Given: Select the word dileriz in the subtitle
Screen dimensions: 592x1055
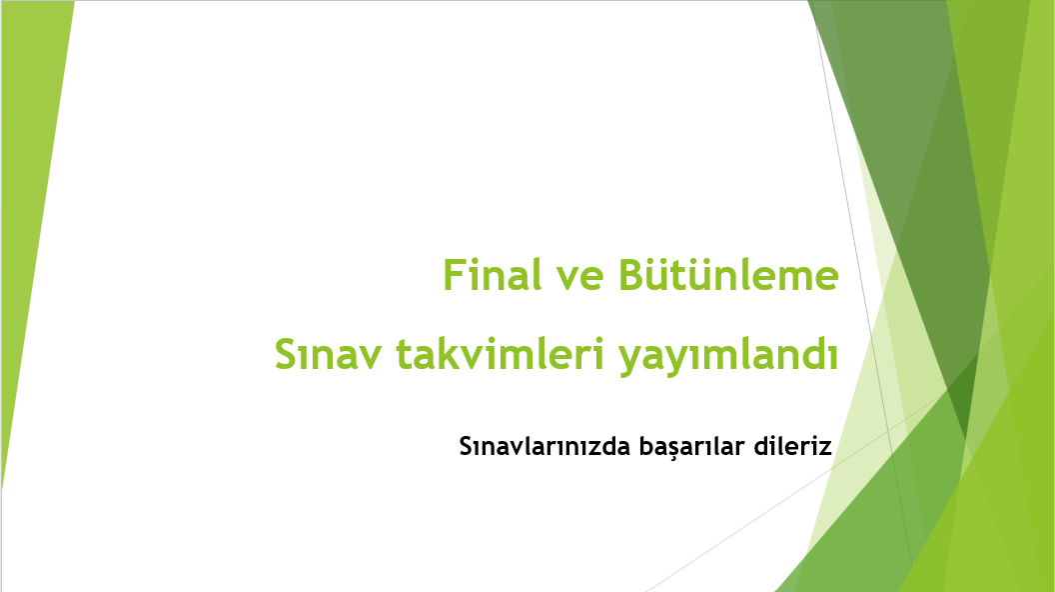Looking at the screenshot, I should pos(794,446).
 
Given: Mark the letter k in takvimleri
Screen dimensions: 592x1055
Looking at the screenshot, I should pos(437,355).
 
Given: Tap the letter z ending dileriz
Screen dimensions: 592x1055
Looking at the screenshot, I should pos(825,447).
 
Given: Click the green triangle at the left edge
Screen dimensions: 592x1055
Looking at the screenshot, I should pos(28,200).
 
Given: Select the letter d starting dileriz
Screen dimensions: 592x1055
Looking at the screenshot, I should pos(764,446).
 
